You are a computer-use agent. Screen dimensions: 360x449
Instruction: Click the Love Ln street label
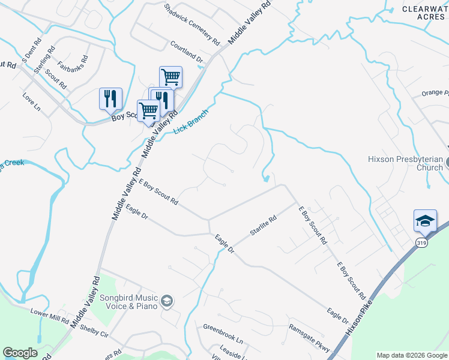pyautogui.click(x=31, y=101)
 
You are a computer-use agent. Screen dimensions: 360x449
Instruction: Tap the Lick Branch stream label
pyautogui.click(x=191, y=122)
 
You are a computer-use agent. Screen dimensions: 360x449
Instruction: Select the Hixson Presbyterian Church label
pyautogui.click(x=405, y=163)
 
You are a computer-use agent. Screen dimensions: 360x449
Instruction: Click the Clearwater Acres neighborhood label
pyautogui.click(x=424, y=13)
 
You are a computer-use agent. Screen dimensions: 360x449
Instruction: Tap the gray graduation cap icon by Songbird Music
pyautogui.click(x=167, y=301)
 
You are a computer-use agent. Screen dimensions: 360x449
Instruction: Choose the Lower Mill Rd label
pyautogui.click(x=50, y=316)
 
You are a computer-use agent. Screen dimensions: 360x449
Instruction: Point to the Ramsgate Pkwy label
pyautogui.click(x=310, y=336)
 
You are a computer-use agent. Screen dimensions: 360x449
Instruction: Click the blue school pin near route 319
pyautogui.click(x=425, y=221)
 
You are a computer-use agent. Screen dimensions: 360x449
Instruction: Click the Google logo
pyautogui.click(x=20, y=353)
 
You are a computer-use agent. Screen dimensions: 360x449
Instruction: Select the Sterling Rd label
pyautogui.click(x=45, y=60)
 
